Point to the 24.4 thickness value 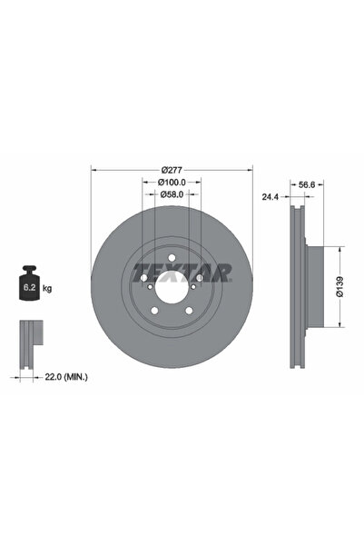269,194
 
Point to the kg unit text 46,289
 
